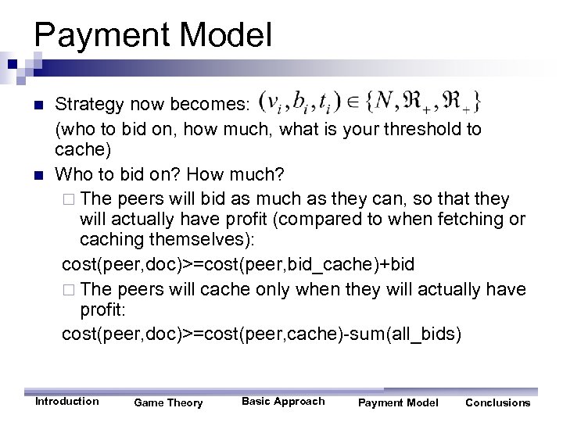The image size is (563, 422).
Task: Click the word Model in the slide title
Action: tap(233, 34)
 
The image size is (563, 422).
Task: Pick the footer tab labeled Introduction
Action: tap(67, 402)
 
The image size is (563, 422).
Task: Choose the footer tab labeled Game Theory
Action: tap(168, 403)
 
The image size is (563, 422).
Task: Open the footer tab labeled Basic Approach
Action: tap(282, 402)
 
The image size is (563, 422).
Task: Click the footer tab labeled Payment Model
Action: tap(398, 403)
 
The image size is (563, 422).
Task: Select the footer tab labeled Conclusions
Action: tap(497, 403)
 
